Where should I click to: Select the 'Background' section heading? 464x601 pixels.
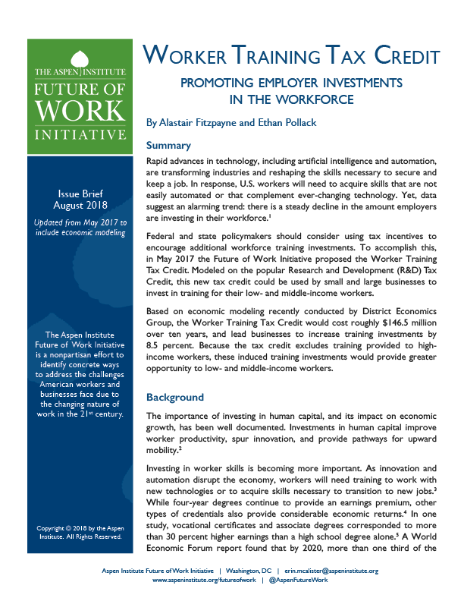pos(175,397)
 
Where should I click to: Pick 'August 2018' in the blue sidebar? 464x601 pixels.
pos(80,206)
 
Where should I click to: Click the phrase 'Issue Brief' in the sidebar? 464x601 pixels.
pos(80,194)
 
